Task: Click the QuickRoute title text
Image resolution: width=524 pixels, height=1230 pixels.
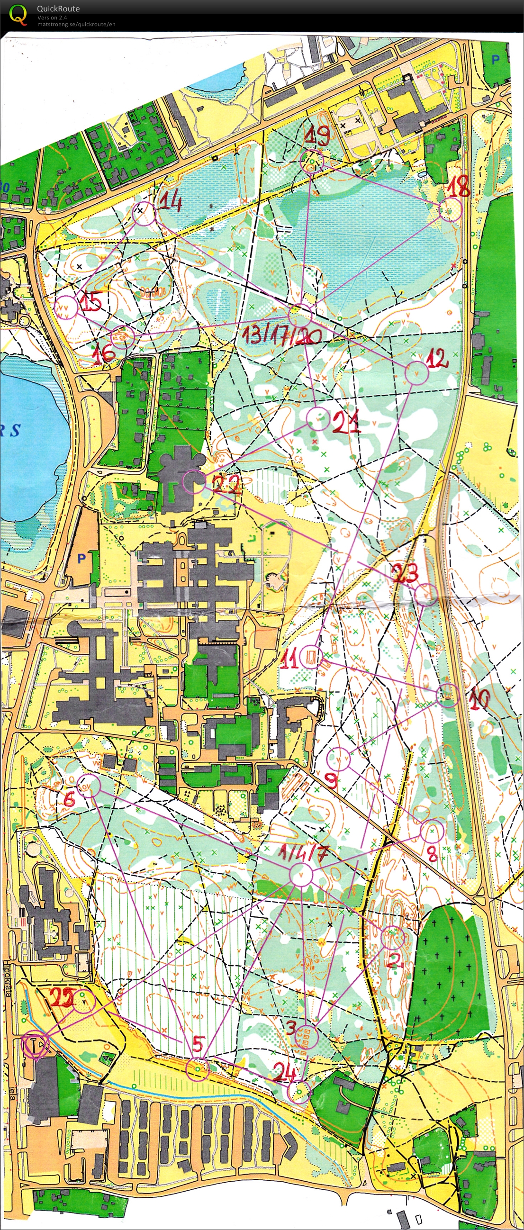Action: [x=58, y=9]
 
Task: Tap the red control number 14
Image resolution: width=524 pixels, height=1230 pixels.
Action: [x=170, y=202]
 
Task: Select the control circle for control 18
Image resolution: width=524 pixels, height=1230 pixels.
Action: [x=450, y=209]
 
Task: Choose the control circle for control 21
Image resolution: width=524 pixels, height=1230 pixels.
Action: [x=318, y=419]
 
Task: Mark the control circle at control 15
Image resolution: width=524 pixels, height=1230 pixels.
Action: [x=66, y=307]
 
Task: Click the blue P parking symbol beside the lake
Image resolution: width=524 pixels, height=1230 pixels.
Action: [x=81, y=558]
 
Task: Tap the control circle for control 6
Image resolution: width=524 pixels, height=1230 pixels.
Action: [x=89, y=786]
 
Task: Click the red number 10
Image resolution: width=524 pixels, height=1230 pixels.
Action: [x=479, y=699]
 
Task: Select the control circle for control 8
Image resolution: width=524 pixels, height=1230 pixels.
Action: [x=432, y=832]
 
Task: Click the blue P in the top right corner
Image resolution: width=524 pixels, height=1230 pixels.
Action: [x=496, y=59]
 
